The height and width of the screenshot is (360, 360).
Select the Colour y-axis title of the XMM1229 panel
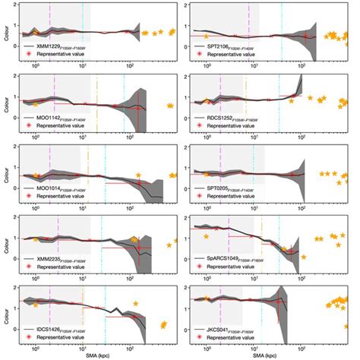tap(6, 33)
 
